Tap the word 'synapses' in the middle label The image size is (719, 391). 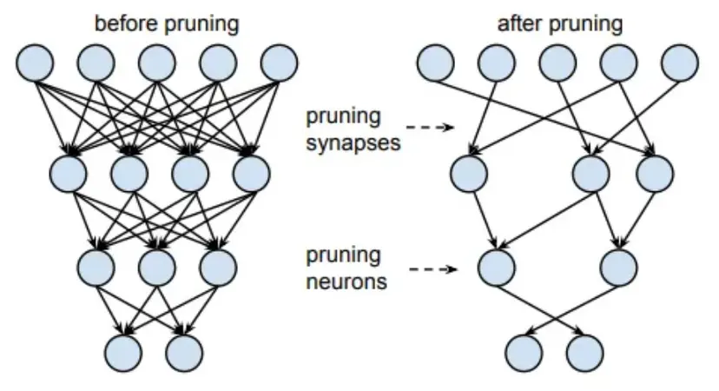[x=353, y=142]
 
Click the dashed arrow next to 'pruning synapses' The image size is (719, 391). [x=432, y=128]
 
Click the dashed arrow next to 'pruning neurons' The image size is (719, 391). [x=432, y=268]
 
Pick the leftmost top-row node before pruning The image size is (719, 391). [x=35, y=63]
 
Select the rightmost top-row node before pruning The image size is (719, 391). [x=279, y=63]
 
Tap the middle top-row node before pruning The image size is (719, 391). [x=157, y=63]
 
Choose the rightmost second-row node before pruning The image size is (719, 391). [x=251, y=172]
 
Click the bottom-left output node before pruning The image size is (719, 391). [x=123, y=351]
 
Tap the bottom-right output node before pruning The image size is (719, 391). [x=184, y=351]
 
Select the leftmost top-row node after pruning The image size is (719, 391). [x=435, y=63]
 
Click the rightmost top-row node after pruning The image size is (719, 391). [x=679, y=63]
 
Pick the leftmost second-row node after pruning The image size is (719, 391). [x=469, y=172]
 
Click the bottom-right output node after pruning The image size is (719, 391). [x=584, y=351]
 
